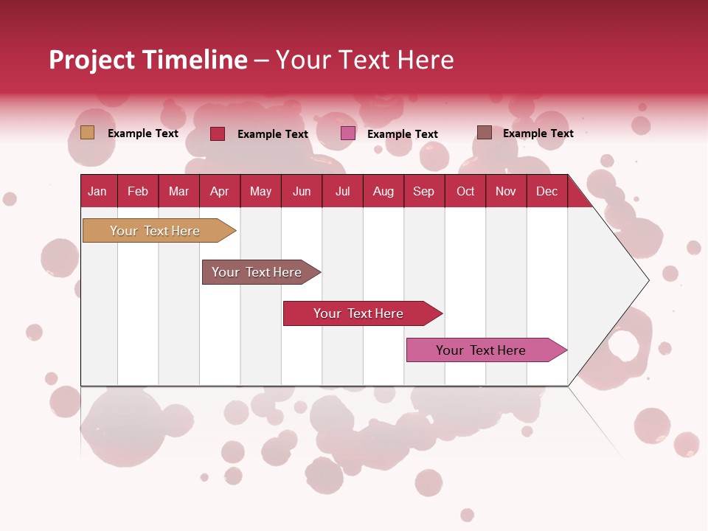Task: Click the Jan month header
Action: tap(98, 191)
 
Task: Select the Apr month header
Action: tap(220, 191)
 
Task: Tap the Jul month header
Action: tap(342, 191)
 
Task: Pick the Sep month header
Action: tap(423, 191)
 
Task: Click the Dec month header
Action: tap(546, 191)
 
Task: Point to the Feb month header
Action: tap(138, 191)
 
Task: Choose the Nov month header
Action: tap(506, 191)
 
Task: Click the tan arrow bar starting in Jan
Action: tap(155, 231)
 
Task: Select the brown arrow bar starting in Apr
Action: tap(257, 272)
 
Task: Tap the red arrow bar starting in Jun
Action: tap(358, 313)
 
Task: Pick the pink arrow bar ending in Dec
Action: tap(481, 350)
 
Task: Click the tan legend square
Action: tap(87, 133)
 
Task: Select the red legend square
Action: tap(217, 133)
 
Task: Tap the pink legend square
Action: tap(348, 133)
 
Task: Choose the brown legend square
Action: tap(484, 133)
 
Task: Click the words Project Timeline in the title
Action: tap(147, 60)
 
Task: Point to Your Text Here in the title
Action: tap(364, 60)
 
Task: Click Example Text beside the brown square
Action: tap(538, 133)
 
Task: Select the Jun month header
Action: tap(302, 191)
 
